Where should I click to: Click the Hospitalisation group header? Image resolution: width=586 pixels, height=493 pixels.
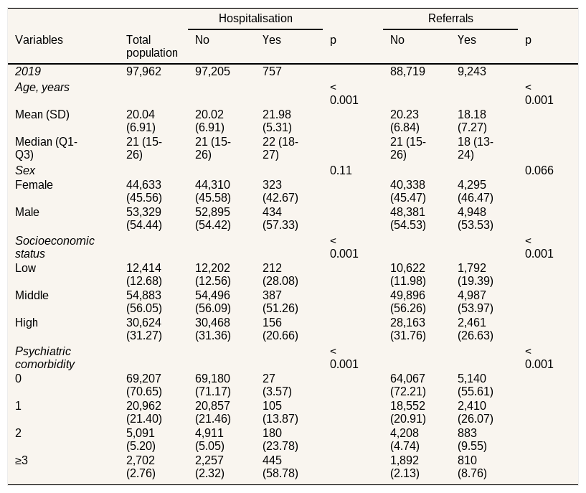point(255,19)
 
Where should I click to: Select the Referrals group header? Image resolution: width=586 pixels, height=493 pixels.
point(450,19)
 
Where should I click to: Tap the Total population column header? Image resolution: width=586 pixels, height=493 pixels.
point(152,46)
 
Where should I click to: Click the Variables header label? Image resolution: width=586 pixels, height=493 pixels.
point(39,39)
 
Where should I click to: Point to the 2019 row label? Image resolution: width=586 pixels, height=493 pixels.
point(28,71)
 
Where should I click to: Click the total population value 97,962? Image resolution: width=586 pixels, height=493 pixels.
point(143,71)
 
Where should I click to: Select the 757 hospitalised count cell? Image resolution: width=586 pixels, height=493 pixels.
point(272,71)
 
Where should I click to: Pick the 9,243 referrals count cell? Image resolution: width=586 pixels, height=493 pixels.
point(472,71)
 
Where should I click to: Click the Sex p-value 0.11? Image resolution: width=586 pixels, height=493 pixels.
point(341,171)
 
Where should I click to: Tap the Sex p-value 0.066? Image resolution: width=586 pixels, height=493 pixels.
point(539,171)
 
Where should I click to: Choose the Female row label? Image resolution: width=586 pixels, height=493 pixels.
point(34,184)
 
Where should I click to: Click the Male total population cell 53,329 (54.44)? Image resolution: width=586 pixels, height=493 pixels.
point(144,218)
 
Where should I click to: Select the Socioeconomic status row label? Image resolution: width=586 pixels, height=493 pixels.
point(55,247)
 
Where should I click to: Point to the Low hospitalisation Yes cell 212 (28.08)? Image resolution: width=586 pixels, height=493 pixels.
point(280,274)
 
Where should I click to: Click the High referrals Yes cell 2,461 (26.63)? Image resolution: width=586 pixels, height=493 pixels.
point(476,329)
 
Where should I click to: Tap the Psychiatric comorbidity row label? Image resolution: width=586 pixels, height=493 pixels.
point(45,357)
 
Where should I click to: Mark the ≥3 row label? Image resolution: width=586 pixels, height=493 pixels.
point(22,460)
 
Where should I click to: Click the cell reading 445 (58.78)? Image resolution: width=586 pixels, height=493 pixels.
point(280,466)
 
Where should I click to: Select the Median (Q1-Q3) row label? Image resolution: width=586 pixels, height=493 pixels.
point(46,148)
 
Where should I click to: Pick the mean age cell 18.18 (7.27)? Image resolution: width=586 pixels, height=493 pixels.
point(472,121)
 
